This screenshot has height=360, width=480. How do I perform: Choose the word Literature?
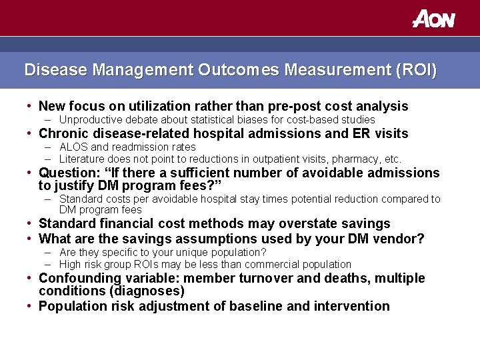pyautogui.click(x=82, y=159)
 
